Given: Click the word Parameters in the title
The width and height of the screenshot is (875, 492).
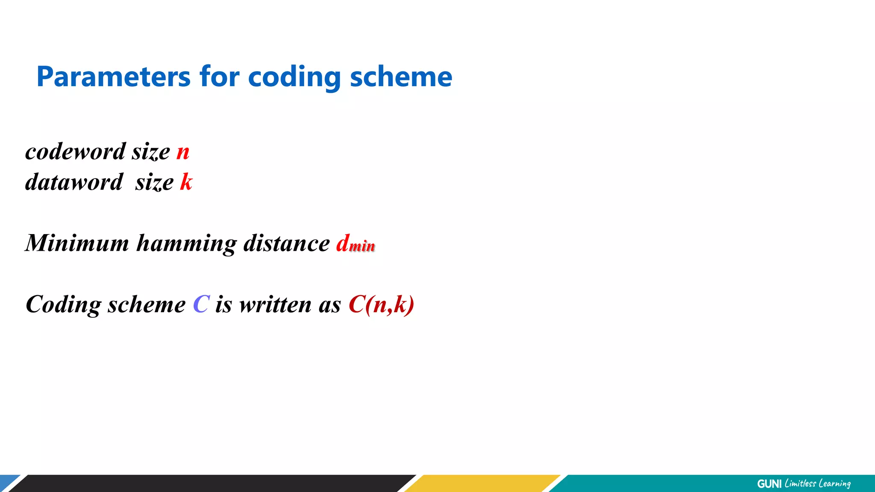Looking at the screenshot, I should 113,77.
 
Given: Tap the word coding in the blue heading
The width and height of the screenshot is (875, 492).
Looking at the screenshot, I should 294,77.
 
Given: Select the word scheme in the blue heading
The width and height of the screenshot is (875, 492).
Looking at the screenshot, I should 401,77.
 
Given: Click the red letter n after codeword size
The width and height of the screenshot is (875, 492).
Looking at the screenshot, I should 183,152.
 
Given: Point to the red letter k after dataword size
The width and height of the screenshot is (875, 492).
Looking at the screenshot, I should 186,182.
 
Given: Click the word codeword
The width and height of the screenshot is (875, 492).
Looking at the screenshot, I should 76,152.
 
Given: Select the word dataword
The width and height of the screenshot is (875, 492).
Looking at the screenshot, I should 74,182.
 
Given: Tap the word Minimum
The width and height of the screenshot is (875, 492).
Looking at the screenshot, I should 77,243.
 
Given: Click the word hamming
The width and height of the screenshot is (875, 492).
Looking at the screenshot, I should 186,243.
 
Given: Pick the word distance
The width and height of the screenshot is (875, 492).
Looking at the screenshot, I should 286,243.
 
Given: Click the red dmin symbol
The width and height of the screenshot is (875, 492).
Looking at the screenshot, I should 355,244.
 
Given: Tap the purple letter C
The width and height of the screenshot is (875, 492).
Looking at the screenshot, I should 201,305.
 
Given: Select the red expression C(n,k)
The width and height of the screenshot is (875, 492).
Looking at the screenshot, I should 381,305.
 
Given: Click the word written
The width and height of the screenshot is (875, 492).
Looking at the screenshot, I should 275,305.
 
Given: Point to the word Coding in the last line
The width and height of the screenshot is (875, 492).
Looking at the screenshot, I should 63,305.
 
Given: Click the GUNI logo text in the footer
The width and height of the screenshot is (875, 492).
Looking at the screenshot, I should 769,483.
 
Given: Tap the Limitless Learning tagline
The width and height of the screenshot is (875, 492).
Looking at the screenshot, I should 818,483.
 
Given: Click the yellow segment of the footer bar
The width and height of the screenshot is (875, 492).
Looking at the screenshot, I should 483,483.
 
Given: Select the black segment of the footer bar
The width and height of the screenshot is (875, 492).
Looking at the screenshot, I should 214,483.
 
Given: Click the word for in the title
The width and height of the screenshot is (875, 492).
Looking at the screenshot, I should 219,77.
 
